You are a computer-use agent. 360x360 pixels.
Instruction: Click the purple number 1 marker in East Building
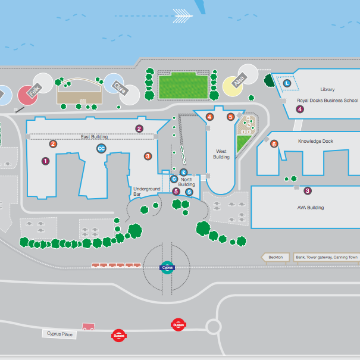(45, 161)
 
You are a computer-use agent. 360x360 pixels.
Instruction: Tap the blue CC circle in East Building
(101, 148)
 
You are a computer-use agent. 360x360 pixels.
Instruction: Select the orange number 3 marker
(148, 156)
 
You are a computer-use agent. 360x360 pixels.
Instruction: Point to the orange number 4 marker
(209, 117)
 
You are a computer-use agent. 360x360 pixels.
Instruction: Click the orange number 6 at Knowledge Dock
(274, 144)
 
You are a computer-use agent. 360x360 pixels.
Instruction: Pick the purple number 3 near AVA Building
(308, 191)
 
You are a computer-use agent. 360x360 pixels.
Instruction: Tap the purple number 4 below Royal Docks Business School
(300, 109)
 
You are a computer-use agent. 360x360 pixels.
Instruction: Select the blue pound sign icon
(183, 171)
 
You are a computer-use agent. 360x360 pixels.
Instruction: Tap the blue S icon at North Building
(189, 192)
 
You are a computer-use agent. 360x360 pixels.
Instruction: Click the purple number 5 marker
(176, 192)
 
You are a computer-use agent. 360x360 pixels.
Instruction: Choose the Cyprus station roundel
(167, 268)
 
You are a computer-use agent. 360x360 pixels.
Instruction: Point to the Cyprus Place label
(60, 334)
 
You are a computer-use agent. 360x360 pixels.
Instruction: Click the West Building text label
(221, 155)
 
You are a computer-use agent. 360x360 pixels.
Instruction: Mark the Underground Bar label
(146, 192)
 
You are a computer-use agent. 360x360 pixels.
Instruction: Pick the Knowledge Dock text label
(315, 141)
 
